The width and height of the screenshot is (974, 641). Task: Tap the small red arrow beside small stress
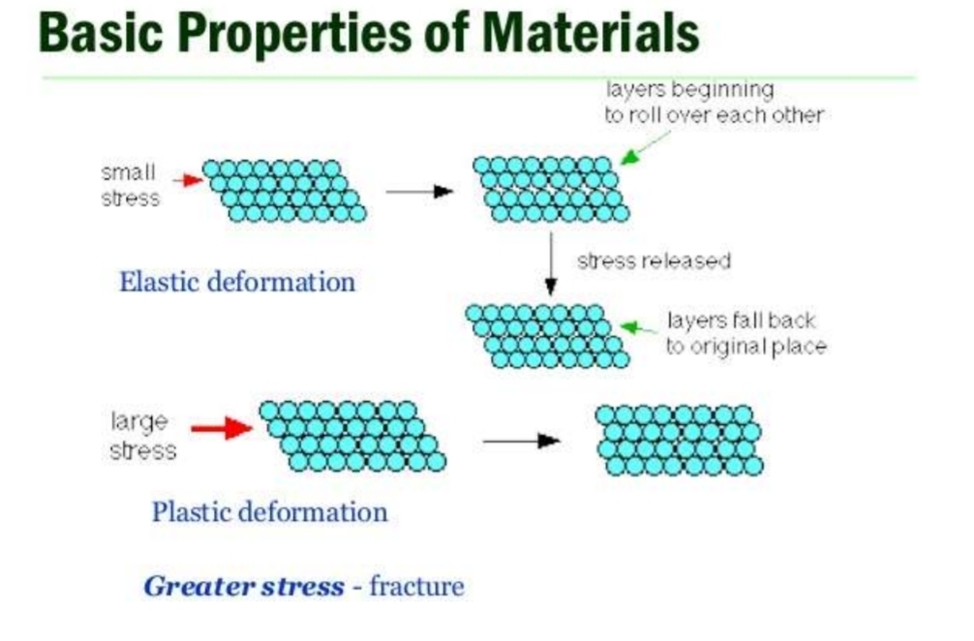click(187, 179)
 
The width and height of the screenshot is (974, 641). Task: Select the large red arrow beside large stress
click(222, 428)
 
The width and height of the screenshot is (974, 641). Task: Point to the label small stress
click(130, 185)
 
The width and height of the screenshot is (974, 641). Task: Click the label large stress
click(141, 436)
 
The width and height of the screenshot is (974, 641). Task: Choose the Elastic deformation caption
click(237, 283)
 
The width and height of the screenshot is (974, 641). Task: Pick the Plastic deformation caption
click(269, 511)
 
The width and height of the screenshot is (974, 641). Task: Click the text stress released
click(654, 261)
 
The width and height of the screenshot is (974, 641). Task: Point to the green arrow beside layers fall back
click(639, 328)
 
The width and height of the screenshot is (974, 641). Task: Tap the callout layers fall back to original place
click(746, 334)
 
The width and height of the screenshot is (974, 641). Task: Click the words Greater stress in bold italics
click(244, 586)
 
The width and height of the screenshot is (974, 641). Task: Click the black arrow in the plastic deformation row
click(521, 442)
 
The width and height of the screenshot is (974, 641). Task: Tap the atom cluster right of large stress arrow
click(352, 436)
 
